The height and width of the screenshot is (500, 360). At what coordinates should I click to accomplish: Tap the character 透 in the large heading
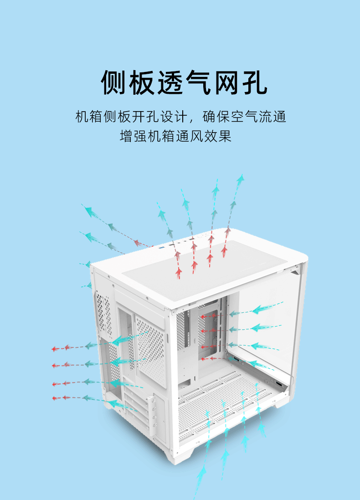click(x=170, y=82)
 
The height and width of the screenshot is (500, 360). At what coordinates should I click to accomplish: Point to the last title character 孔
click(x=253, y=82)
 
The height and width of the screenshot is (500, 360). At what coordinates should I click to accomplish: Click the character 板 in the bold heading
click(x=142, y=82)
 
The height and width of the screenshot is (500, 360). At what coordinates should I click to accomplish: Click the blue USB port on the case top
click(x=162, y=248)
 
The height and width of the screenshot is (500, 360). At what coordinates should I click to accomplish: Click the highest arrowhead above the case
click(x=241, y=178)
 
